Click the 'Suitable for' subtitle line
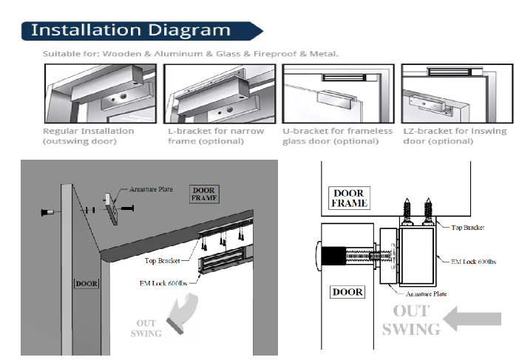pos(191,53)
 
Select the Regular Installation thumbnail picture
pos(100,93)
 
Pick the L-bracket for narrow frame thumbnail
pos(220,93)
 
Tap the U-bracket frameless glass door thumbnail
pos(338,93)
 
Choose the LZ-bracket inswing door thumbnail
pos(456,93)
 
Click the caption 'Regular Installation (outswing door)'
pos(89,136)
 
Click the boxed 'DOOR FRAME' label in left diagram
pos(203,194)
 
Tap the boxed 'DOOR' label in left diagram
pos(86,282)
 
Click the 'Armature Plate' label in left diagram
pos(152,189)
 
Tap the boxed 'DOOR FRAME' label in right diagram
pos(348,197)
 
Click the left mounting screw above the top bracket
pos(406,208)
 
